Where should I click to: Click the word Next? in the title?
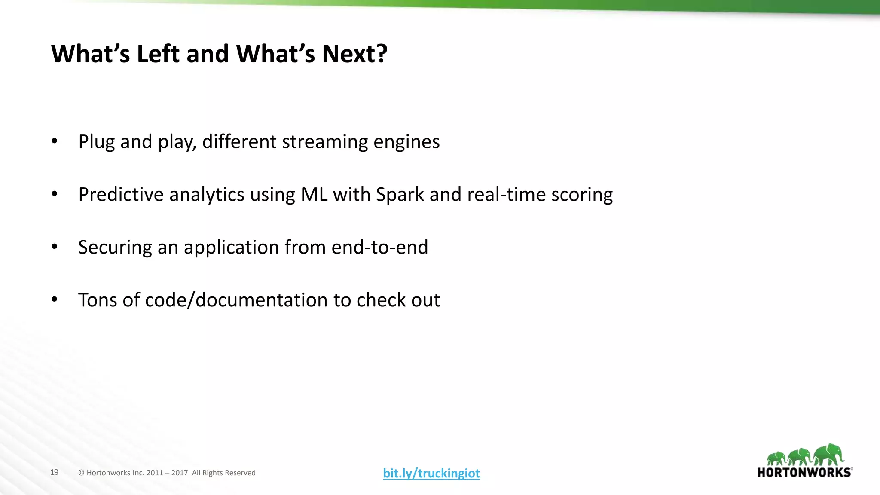354,54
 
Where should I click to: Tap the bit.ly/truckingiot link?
431,473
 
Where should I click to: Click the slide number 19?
54,472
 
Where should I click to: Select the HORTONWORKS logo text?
804,473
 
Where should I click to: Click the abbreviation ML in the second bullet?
314,195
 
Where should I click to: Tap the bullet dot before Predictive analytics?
54,194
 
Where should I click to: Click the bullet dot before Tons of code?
54,299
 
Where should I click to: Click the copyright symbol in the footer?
81,473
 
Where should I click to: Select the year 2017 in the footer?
180,473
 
